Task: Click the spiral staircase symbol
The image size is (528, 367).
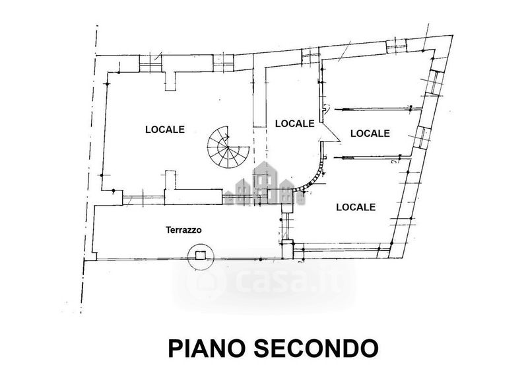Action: [228, 147]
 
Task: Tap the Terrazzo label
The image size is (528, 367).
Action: [183, 230]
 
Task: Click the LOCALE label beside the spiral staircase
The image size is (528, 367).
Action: [165, 130]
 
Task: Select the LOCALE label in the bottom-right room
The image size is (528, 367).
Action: [356, 207]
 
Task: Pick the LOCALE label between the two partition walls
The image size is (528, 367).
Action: [370, 133]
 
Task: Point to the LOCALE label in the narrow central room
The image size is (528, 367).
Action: [294, 124]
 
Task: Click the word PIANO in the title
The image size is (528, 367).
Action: [206, 348]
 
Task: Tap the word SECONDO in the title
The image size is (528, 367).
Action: [316, 348]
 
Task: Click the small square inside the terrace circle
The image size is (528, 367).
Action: [201, 255]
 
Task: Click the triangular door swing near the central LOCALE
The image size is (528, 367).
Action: [330, 132]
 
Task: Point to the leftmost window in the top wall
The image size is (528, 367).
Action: [150, 63]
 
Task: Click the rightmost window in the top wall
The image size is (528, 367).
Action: [397, 46]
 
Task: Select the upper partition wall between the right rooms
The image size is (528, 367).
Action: [378, 109]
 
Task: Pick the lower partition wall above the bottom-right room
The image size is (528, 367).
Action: [372, 157]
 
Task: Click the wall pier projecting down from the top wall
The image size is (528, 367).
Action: [170, 81]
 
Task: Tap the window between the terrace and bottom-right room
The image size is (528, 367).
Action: [287, 226]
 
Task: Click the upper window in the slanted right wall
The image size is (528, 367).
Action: [433, 83]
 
